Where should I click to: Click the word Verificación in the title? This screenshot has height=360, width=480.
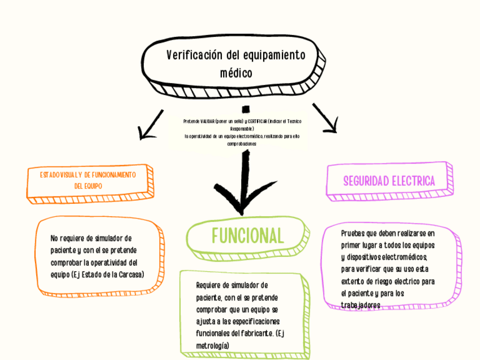194,55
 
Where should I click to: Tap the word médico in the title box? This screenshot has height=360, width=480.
235,73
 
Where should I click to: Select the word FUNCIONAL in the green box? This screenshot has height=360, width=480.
247,234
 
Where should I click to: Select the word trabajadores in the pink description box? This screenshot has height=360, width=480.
360,305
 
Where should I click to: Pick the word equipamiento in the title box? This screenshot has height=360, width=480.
274,55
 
